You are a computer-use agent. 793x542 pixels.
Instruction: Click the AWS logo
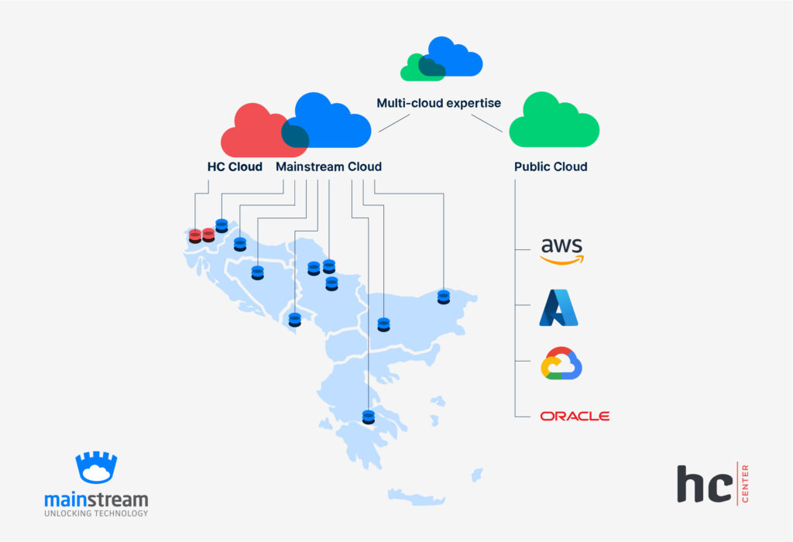pyautogui.click(x=561, y=250)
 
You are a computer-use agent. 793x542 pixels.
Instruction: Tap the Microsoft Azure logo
pyautogui.click(x=558, y=307)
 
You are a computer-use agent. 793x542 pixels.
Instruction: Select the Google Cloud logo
pyautogui.click(x=561, y=363)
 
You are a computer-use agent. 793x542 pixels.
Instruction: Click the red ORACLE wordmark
pyautogui.click(x=575, y=417)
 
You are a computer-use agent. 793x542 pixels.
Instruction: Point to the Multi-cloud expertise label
pyautogui.click(x=438, y=103)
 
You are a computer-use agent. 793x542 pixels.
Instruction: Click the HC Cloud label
pyautogui.click(x=235, y=166)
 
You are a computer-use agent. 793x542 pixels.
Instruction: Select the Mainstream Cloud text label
pyautogui.click(x=328, y=166)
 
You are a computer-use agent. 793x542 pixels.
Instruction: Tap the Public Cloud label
pyautogui.click(x=551, y=166)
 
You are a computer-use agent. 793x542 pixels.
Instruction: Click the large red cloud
pyautogui.click(x=254, y=133)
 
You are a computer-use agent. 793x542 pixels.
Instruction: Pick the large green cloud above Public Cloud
pyautogui.click(x=554, y=122)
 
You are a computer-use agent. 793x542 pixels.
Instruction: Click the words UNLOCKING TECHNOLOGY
pyautogui.click(x=96, y=513)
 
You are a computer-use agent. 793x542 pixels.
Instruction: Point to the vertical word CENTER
pyautogui.click(x=745, y=483)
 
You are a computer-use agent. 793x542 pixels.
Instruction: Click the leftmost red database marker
pyautogui.click(x=194, y=236)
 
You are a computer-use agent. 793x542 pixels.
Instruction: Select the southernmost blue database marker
pyautogui.click(x=368, y=416)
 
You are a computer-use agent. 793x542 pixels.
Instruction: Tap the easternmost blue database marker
pyautogui.click(x=443, y=297)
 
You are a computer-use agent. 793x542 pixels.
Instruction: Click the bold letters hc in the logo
pyautogui.click(x=703, y=485)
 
